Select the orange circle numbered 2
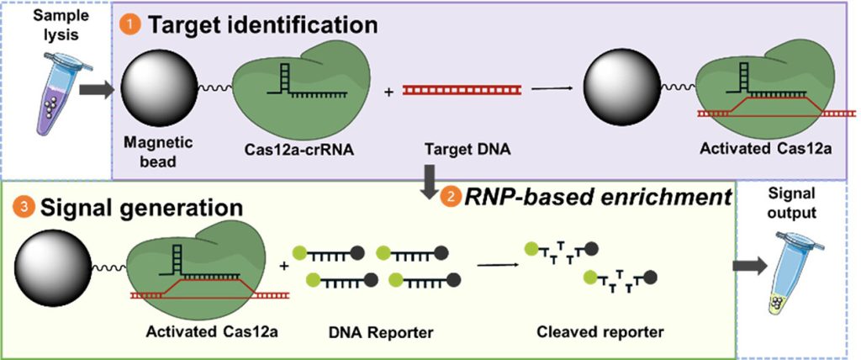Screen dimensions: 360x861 point(447,198)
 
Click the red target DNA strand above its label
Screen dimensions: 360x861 point(449,89)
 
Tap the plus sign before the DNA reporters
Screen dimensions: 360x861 point(283,266)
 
